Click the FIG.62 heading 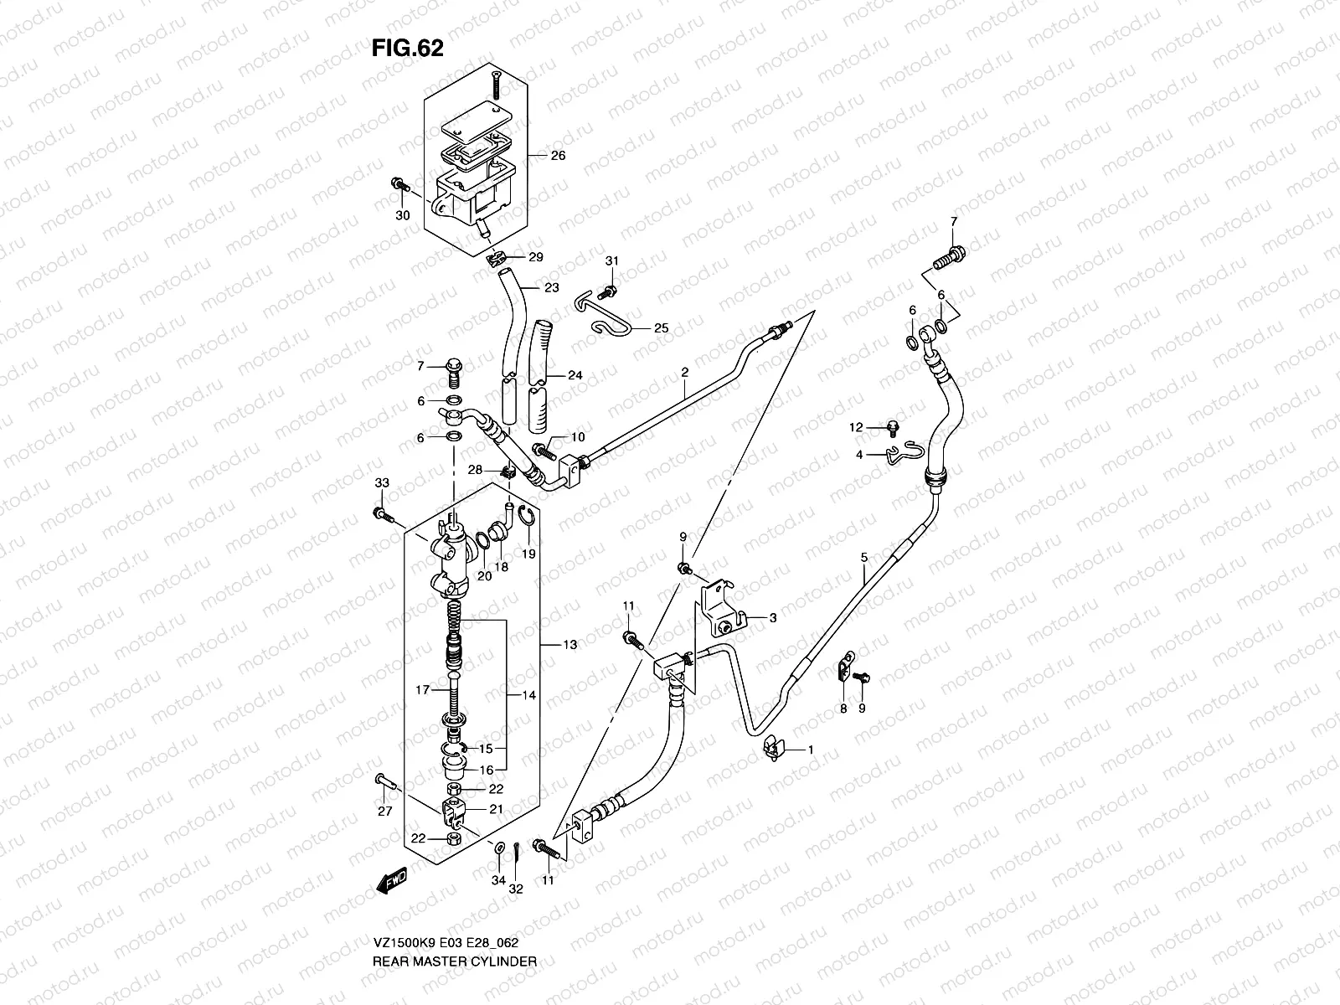coord(407,49)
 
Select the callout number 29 coord(536,257)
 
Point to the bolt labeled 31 coord(611,289)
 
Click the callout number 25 coord(661,328)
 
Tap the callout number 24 coord(575,375)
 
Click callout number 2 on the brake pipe coord(684,371)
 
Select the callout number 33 coord(382,483)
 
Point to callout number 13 coord(570,645)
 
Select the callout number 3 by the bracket coord(772,618)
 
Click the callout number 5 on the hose coord(863,557)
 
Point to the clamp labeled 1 coord(773,748)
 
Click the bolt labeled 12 coord(893,429)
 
